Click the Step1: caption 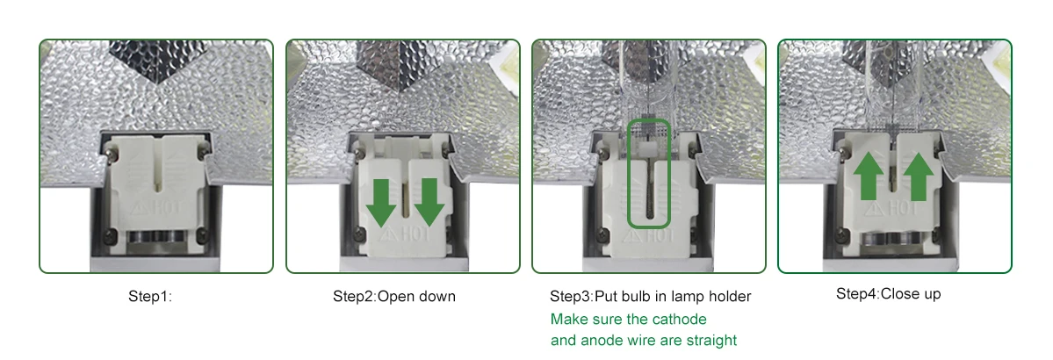150,296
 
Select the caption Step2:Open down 394,296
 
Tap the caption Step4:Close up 889,294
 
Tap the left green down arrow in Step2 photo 381,201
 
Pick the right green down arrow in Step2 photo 429,201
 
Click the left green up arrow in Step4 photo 869,176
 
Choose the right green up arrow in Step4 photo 918,176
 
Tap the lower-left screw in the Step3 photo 603,234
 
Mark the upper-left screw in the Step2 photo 356,156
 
